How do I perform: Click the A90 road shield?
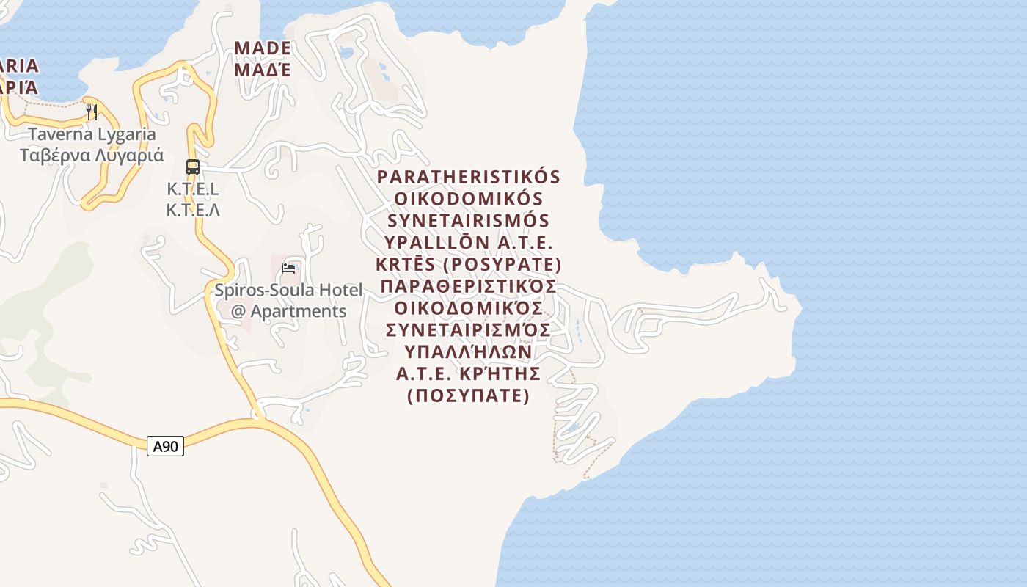pos(165,446)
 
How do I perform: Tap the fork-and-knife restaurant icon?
pos(92,112)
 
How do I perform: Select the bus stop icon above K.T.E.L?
pos(193,167)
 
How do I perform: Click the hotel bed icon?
pos(288,268)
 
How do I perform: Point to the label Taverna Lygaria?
pos(92,134)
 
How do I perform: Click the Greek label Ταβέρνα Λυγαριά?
pos(92,156)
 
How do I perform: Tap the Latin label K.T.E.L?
pos(193,189)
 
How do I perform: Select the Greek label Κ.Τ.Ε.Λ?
pos(193,211)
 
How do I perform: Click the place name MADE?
pos(263,48)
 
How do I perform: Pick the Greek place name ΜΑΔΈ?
pos(263,70)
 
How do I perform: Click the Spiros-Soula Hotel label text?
pos(288,291)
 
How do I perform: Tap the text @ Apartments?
pos(288,311)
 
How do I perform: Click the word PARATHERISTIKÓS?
pos(469,178)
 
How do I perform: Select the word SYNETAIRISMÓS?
pos(469,221)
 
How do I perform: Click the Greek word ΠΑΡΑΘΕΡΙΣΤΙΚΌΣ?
pos(469,286)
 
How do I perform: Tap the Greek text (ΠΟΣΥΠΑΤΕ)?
pos(469,396)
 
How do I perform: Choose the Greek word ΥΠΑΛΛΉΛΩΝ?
pos(469,352)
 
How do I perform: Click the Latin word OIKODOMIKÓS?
pos(469,200)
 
